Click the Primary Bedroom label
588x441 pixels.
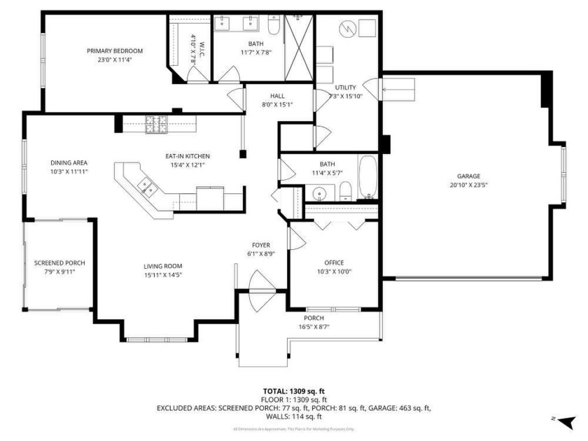(x=115, y=51)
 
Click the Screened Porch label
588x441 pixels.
(x=55, y=263)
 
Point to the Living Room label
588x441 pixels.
(x=163, y=266)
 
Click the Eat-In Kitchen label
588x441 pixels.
(x=187, y=156)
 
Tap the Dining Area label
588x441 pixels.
(x=69, y=162)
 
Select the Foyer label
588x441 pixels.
(x=261, y=245)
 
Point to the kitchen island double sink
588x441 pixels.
(x=147, y=187)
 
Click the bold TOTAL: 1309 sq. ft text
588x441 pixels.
(x=293, y=391)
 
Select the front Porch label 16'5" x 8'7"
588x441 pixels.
(x=314, y=322)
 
